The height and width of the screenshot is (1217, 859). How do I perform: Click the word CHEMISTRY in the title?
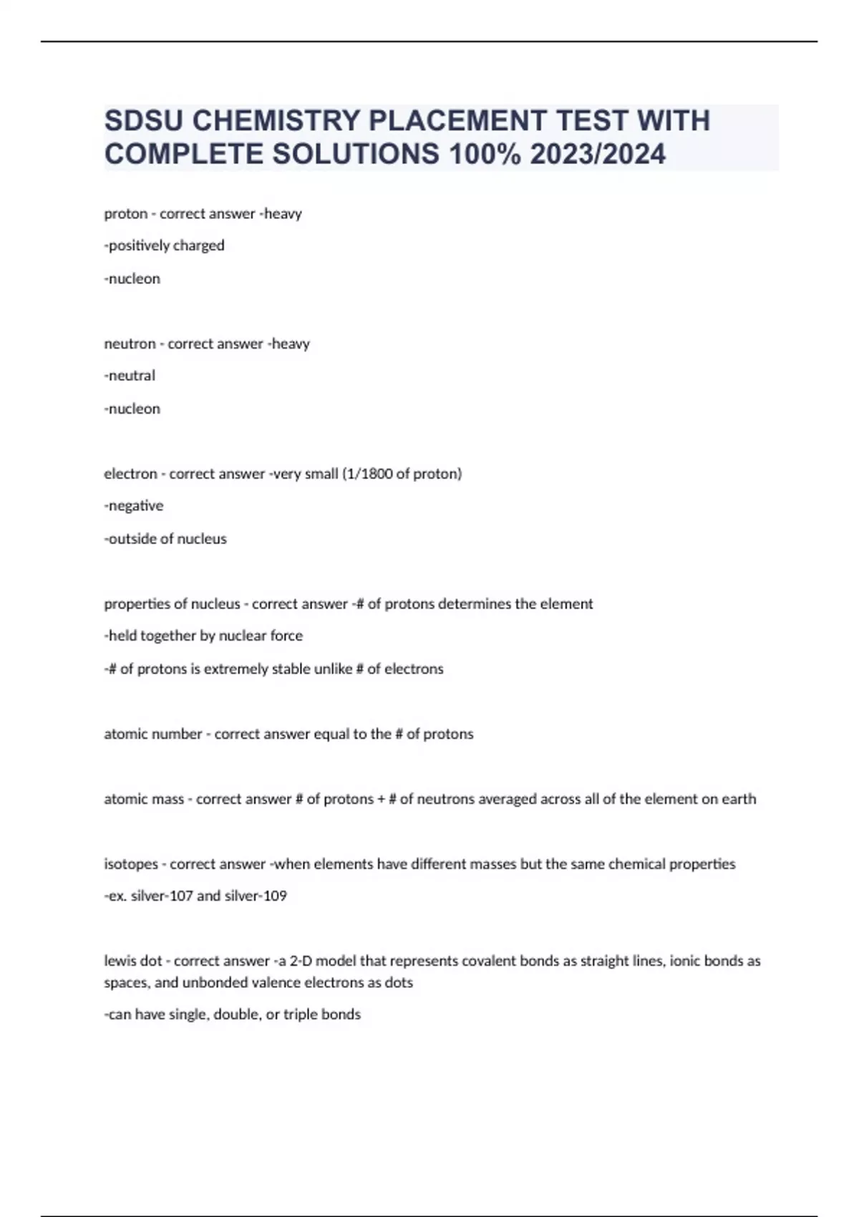point(276,121)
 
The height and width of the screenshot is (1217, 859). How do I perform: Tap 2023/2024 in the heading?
point(598,154)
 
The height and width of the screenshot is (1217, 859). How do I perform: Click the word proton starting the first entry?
point(125,213)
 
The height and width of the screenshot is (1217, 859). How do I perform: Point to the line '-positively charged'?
point(165,246)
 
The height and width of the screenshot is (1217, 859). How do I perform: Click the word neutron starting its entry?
point(130,344)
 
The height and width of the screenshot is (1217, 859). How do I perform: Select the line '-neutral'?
point(130,375)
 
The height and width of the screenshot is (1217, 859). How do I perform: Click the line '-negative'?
point(134,505)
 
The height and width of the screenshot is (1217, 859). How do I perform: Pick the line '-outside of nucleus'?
point(165,538)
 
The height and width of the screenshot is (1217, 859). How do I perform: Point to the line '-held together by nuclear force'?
point(203,636)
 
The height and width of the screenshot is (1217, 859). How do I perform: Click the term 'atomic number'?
point(153,734)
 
